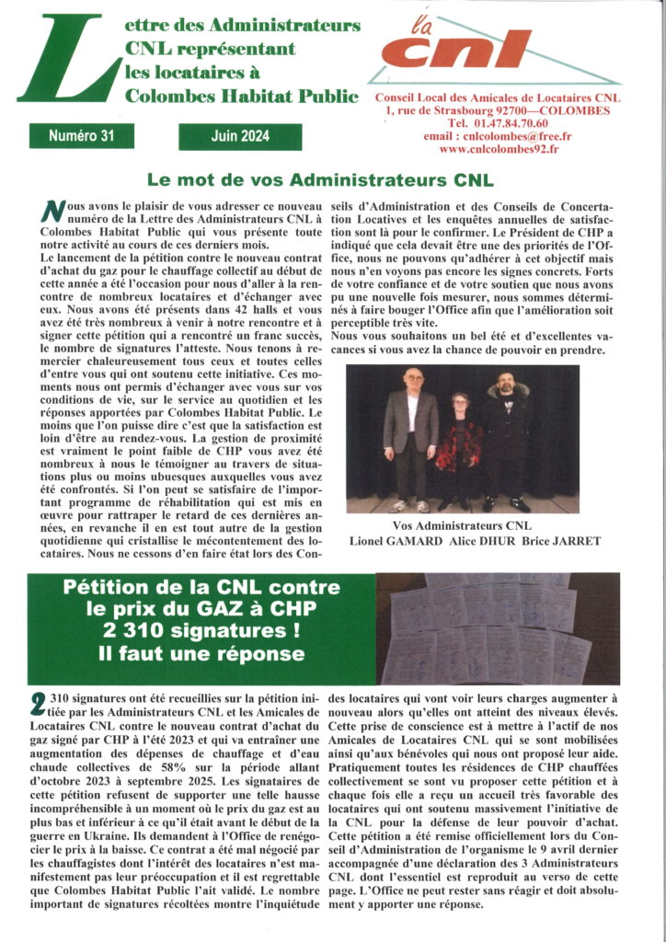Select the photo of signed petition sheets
(x=498, y=628)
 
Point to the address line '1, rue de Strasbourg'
(x=442, y=110)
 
